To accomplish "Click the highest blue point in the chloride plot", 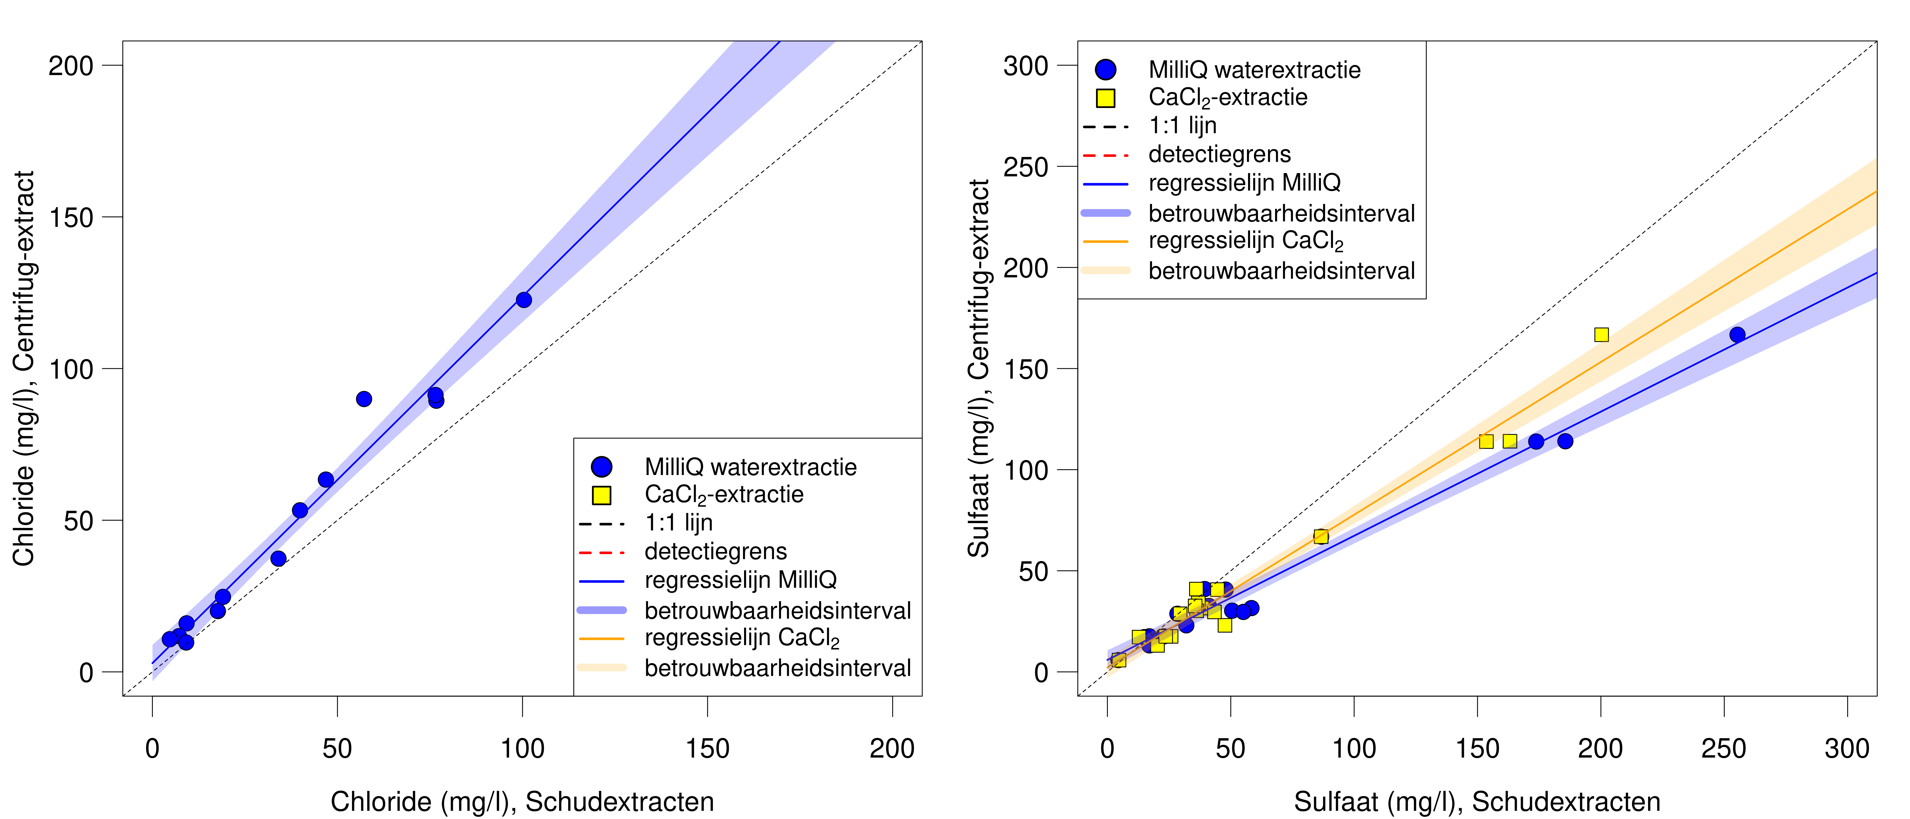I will click(x=523, y=300).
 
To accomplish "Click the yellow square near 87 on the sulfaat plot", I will click(x=1321, y=536).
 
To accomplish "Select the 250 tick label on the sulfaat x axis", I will click(x=1724, y=749).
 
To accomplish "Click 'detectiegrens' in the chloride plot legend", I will click(x=715, y=551).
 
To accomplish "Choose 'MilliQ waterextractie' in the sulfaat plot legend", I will click(x=1255, y=70).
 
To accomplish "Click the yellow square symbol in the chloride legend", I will click(x=601, y=495).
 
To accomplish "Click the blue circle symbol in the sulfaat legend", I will click(x=1106, y=70).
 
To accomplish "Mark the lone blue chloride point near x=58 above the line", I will click(x=363, y=399).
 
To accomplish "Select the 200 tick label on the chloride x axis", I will click(x=892, y=749).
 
